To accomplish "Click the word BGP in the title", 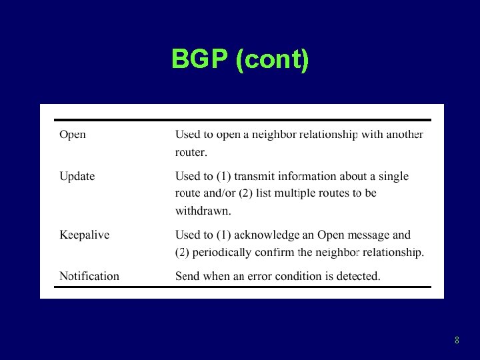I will click(201, 59).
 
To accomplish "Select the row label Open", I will click(73, 135).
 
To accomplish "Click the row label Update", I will click(77, 176).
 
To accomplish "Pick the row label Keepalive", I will click(85, 235).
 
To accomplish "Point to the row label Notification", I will click(89, 276).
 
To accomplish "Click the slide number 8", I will click(457, 341).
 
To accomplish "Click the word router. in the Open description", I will click(191, 152).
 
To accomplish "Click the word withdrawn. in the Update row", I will click(203, 211).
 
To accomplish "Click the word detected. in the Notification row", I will click(357, 276).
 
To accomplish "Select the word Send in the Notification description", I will click(188, 276).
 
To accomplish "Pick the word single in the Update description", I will click(393, 176).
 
